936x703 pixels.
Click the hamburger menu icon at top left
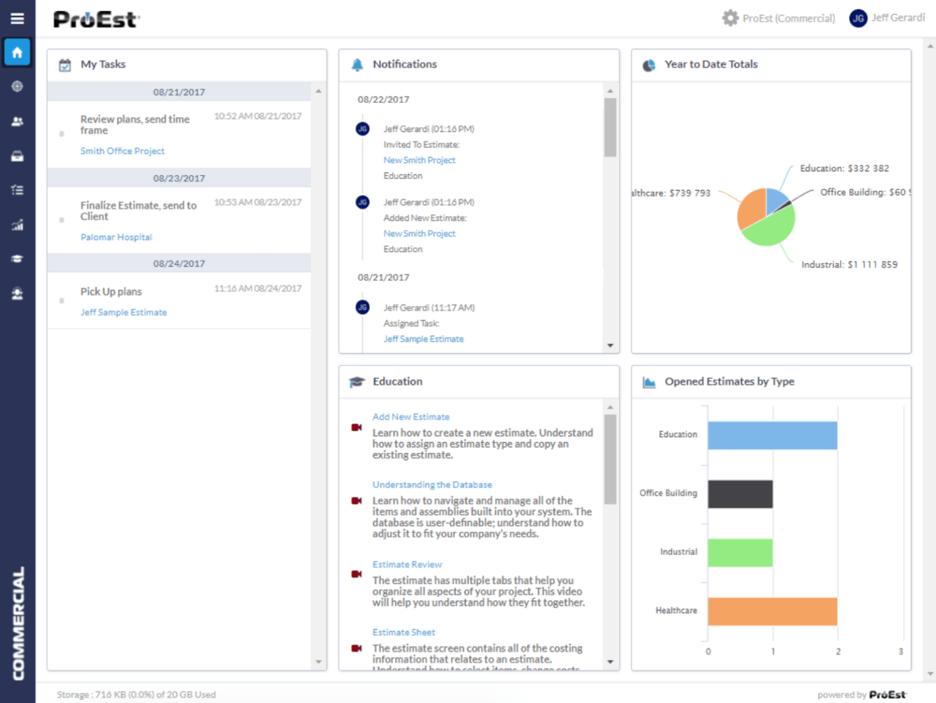(17, 19)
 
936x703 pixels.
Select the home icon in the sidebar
(17, 52)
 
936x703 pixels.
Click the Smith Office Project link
(122, 151)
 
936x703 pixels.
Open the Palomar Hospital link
(116, 237)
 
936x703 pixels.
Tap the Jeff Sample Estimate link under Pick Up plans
(124, 313)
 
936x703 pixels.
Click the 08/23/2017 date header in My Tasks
(179, 178)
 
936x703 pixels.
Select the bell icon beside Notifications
(357, 65)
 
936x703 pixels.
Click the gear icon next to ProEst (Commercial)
(730, 18)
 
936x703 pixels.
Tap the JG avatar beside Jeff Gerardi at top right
(858, 18)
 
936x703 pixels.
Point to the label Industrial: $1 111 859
(849, 264)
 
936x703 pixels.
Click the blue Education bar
(772, 435)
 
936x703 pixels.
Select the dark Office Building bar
(740, 493)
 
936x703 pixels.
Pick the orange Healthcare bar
(772, 611)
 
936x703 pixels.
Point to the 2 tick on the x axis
(838, 651)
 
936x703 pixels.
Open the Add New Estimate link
(411, 417)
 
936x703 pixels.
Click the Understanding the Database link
(432, 485)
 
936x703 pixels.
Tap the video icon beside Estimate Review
(356, 574)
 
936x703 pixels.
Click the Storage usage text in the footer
(136, 694)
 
